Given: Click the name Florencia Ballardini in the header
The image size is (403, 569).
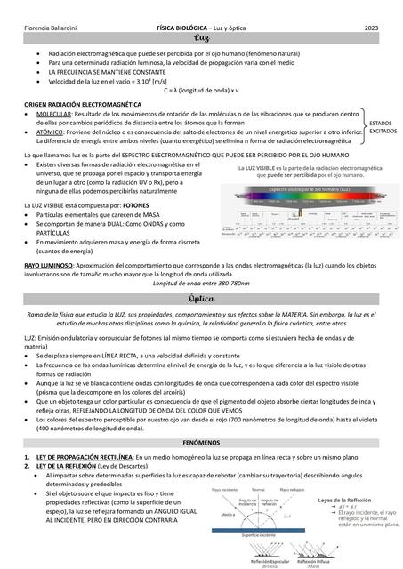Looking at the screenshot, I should coord(54,30).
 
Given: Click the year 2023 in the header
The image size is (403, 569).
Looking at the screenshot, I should coord(371,30).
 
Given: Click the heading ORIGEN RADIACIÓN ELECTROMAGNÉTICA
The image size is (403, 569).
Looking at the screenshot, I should coord(79,104).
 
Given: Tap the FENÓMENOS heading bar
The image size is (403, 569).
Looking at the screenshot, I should coord(201,441).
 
